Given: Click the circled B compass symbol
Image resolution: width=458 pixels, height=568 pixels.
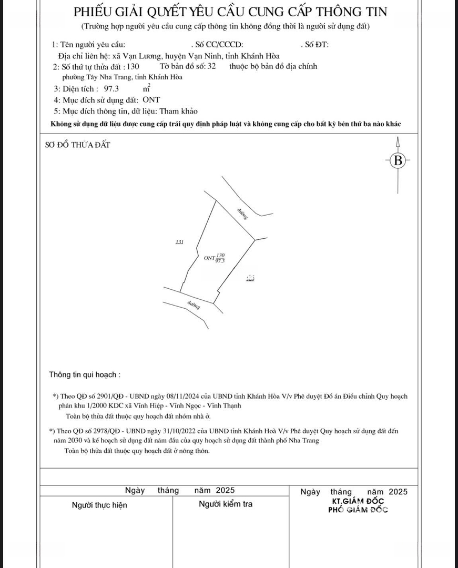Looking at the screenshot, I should click(398, 160).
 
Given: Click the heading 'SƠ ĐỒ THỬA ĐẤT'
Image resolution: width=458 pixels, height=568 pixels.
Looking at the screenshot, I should click(78, 145).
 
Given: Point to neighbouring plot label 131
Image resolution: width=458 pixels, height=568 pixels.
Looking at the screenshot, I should click(179, 242).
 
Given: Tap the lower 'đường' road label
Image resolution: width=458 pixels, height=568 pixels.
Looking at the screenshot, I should click(194, 306).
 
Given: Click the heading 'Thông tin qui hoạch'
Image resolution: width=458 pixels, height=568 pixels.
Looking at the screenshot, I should click(84, 375).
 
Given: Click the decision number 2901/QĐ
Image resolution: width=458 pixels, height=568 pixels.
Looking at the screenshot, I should click(109, 396).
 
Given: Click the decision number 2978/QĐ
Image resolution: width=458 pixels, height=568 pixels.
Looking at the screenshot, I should click(109, 431).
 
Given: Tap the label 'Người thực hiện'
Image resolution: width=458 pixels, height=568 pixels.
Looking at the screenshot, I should click(99, 505).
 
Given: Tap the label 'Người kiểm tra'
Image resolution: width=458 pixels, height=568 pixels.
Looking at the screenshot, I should click(225, 504).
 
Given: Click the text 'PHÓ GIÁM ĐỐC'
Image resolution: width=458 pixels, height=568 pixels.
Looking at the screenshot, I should click(358, 510).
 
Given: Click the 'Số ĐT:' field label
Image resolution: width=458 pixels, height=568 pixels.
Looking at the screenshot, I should click(317, 45).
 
